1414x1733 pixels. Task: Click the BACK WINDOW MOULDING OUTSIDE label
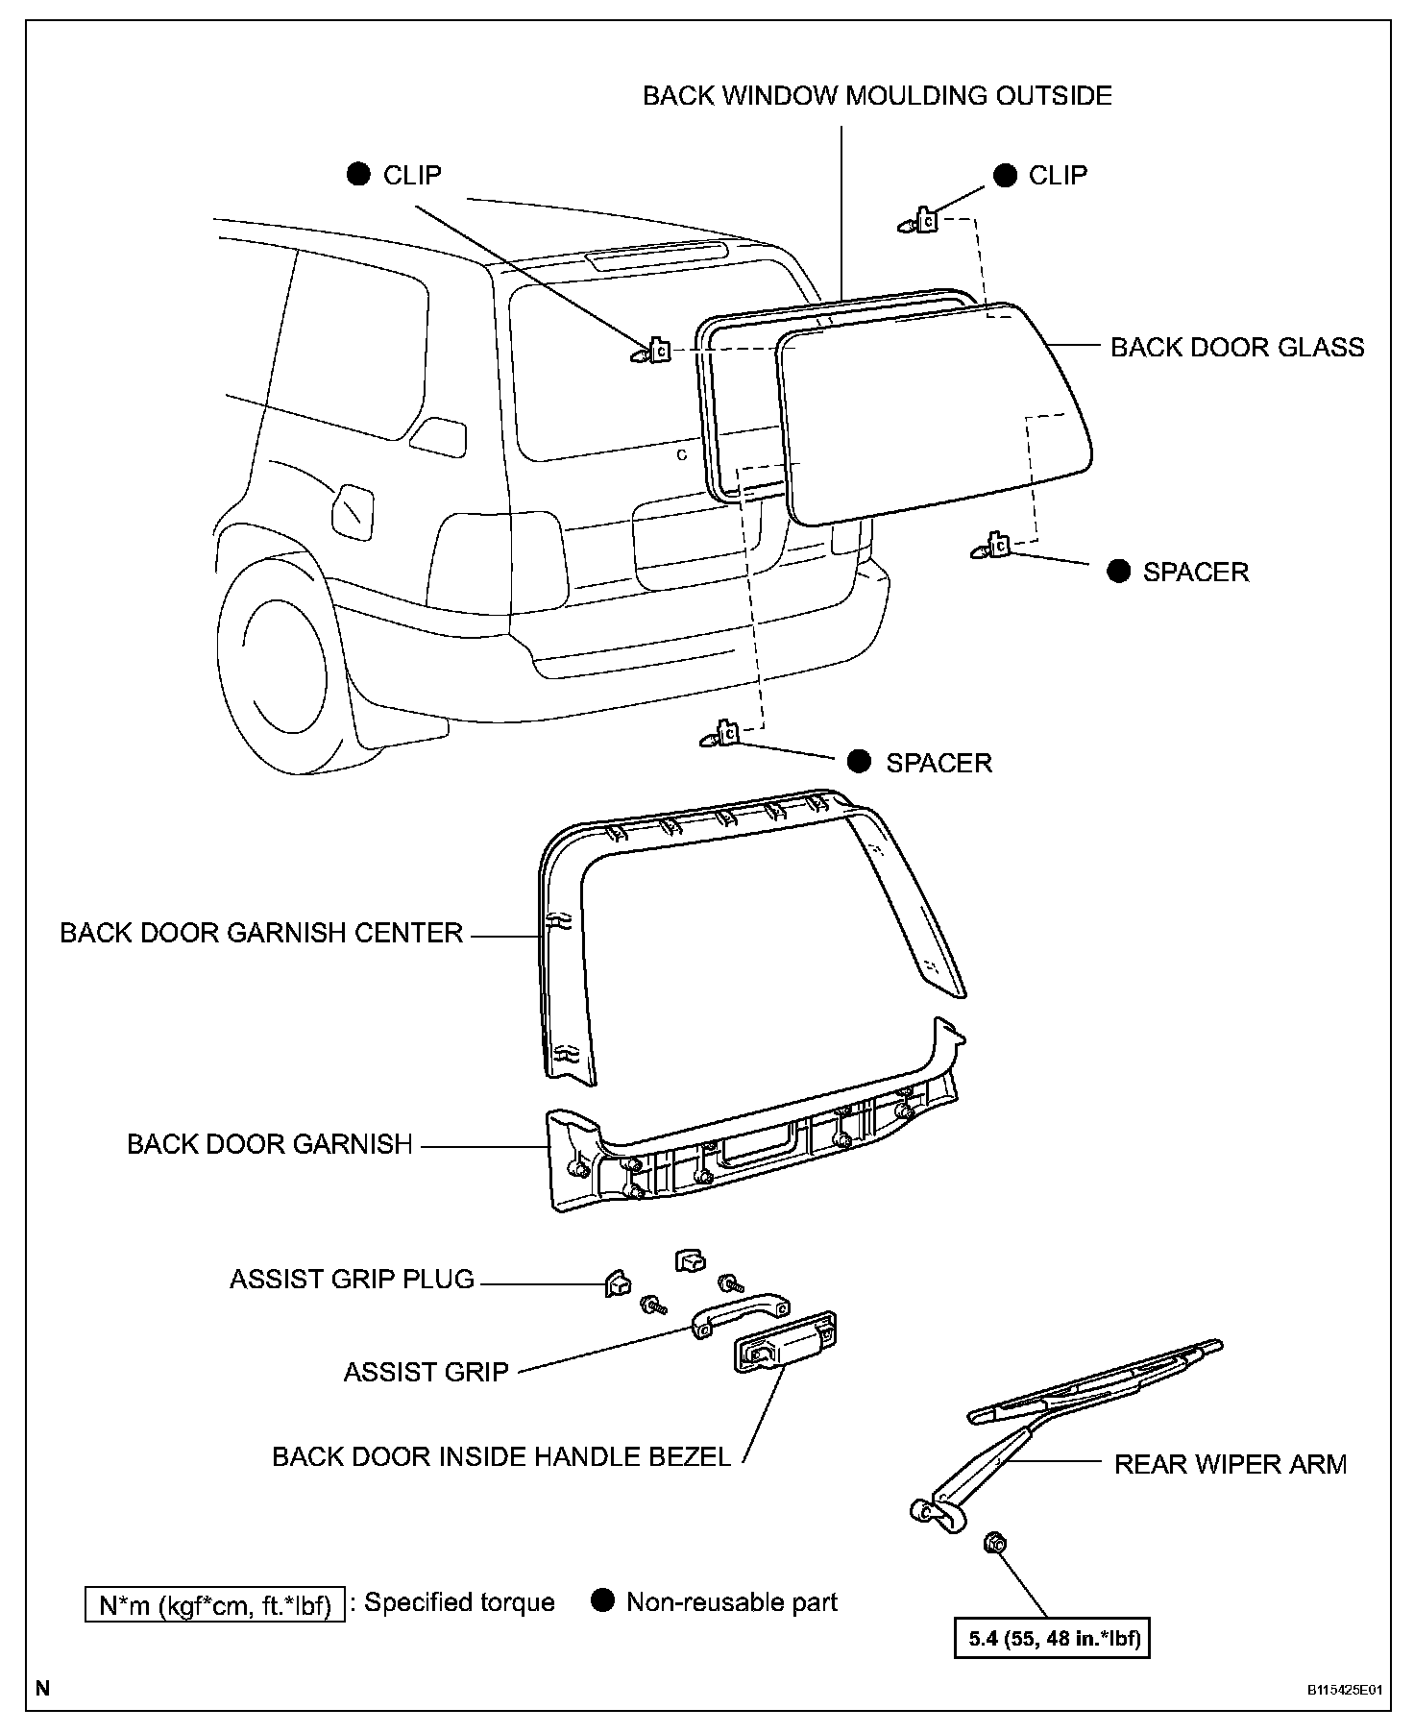877,96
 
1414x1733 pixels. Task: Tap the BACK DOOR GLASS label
1236,347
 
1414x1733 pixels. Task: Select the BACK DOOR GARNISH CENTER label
261,933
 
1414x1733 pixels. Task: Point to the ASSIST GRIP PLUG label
352,1280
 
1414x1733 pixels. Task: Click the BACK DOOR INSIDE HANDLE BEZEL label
501,1456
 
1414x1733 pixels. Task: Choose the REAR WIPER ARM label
1230,1464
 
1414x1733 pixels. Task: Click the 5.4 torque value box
1054,1638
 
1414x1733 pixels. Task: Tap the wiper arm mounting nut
995,1544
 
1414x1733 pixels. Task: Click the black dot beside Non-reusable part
602,1601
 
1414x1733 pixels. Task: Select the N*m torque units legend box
214,1605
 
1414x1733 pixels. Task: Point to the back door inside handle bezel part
784,1349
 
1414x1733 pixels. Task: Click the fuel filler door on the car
352,512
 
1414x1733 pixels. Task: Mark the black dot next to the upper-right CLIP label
1005,175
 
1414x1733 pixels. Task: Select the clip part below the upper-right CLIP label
923,222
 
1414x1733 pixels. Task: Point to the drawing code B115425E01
1344,1690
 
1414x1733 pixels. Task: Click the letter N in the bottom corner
42,1688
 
